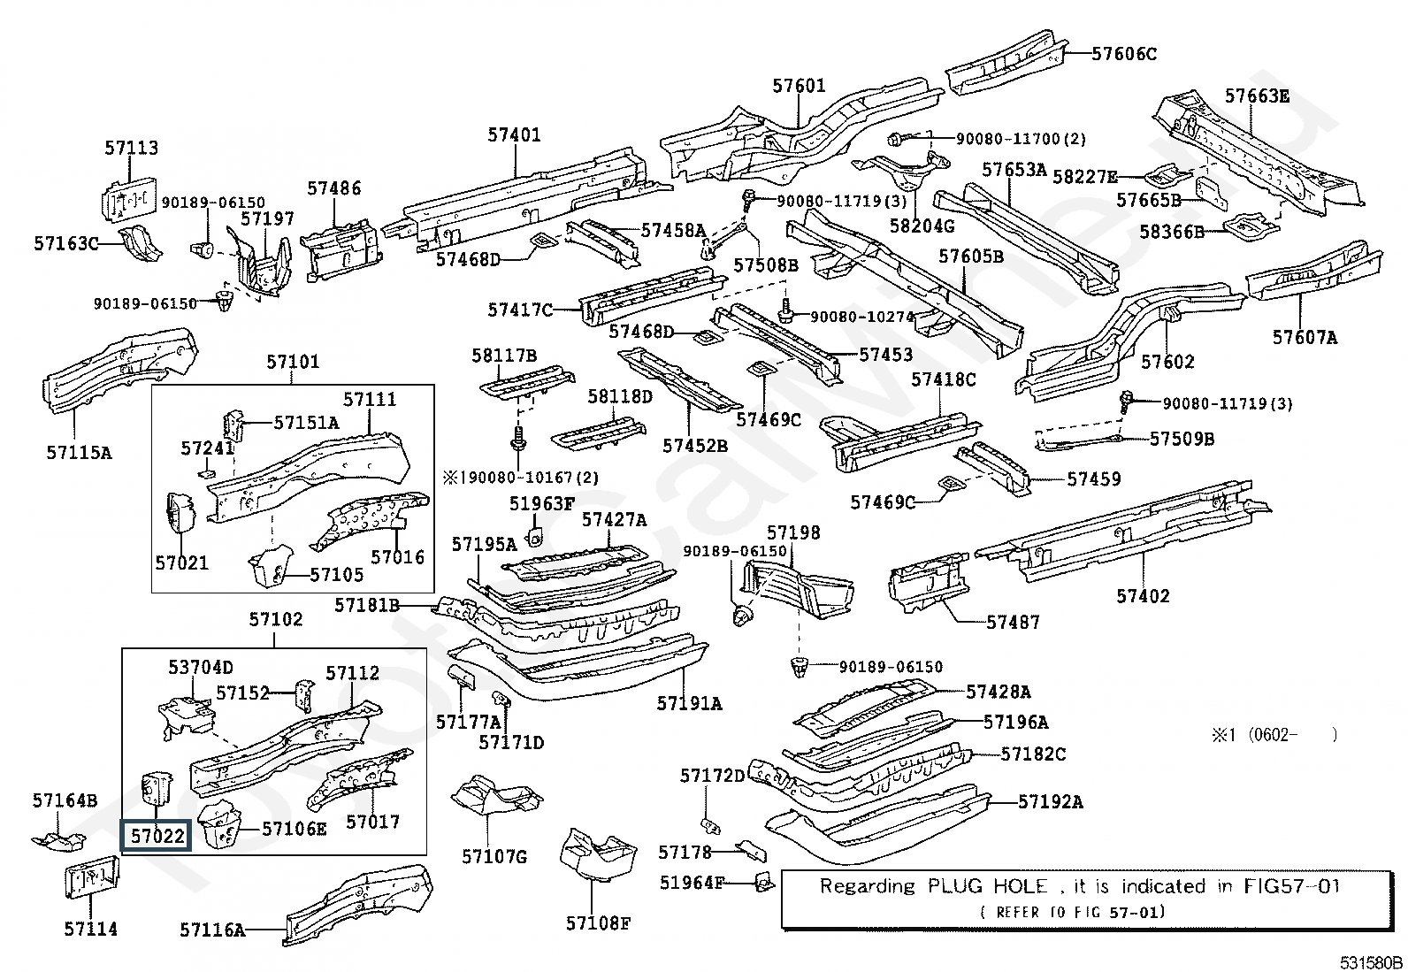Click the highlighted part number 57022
[x=157, y=835]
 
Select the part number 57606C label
[x=1123, y=54]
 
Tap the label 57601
[x=799, y=86]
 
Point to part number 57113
[x=132, y=149]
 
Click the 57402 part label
[x=1143, y=596]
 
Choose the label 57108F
[x=598, y=924]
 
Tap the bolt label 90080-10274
[x=861, y=316]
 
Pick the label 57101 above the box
[x=293, y=362]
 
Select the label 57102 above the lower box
[x=276, y=619]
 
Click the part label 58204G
[x=922, y=226]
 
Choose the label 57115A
[x=79, y=453]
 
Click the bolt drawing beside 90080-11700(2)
[x=896, y=138]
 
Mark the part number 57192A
[x=1050, y=801]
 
